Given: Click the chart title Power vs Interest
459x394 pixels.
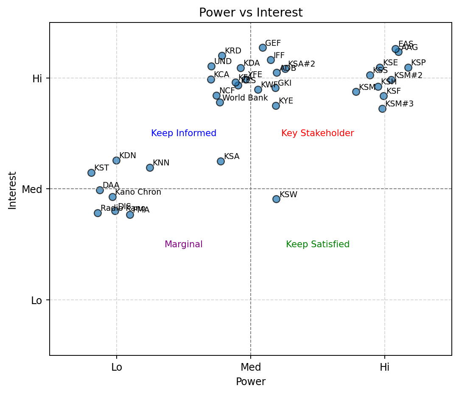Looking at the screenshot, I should [251, 13].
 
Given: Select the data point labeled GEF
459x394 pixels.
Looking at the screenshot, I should [263, 48].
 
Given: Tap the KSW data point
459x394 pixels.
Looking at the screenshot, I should [276, 199].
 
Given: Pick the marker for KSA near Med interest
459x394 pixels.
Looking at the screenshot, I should [221, 161].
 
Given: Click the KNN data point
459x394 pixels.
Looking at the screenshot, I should [150, 168].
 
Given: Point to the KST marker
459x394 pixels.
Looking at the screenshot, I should [91, 173].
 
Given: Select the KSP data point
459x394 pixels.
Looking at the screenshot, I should [408, 67].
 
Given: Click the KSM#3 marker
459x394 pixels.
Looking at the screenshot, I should [382, 109].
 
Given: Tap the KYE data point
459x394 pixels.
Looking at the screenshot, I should [276, 106].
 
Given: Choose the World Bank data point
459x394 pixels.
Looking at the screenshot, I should [220, 102].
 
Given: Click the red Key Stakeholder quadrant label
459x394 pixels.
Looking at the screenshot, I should [317, 133].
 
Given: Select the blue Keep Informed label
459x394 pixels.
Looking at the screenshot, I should [184, 133].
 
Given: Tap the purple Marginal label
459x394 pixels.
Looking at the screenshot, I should [183, 244].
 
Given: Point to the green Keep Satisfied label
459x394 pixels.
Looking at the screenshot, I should [318, 244].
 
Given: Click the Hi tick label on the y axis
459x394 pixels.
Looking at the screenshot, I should [37, 78].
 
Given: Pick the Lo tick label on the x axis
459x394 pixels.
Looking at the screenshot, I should [117, 367].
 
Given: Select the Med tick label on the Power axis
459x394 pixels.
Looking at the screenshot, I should [251, 367].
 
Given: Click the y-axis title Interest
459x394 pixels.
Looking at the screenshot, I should [12, 190].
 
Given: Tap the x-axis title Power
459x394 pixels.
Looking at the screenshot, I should [251, 382].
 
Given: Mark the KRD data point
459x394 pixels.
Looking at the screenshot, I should [222, 56].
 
